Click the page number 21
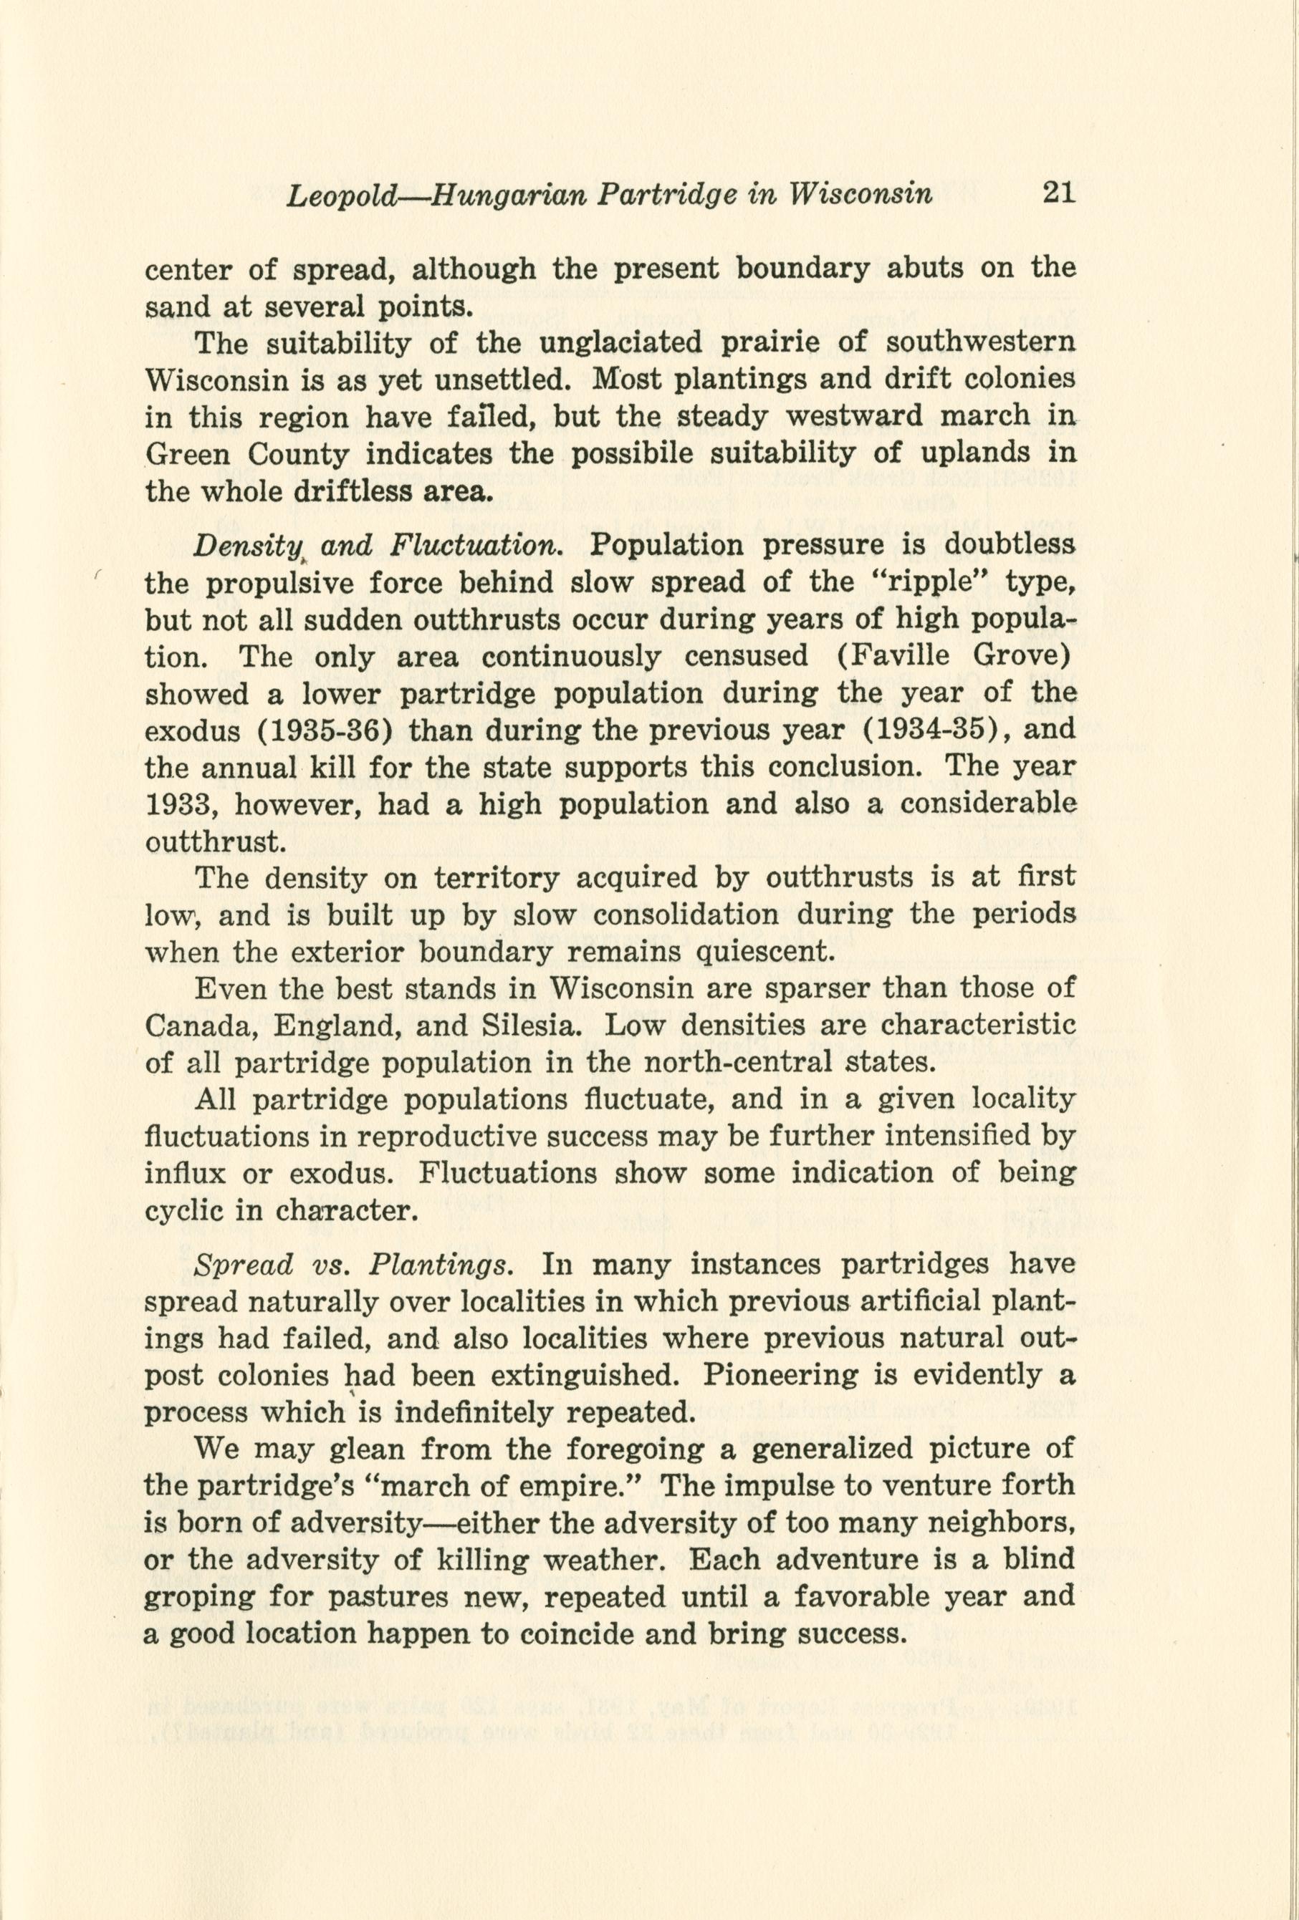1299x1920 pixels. [1057, 193]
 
